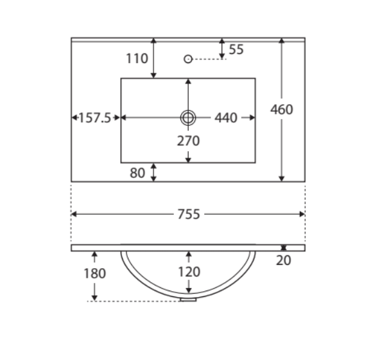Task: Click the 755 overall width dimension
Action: click(x=189, y=214)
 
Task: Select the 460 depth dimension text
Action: click(x=282, y=109)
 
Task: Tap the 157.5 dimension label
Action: click(x=95, y=118)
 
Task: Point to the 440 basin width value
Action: click(x=226, y=118)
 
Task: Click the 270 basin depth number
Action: click(x=188, y=141)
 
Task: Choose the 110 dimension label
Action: click(x=137, y=59)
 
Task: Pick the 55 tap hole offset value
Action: click(x=236, y=50)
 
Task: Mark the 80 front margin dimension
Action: click(x=137, y=173)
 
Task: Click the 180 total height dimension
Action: click(x=95, y=273)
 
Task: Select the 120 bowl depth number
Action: click(x=189, y=272)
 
